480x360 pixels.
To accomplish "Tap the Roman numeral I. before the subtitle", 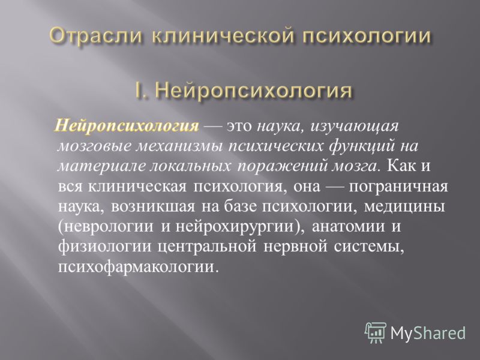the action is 142,90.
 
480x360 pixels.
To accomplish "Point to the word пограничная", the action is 398,187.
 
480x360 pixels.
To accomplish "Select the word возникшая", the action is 153,206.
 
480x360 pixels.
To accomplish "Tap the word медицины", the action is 404,207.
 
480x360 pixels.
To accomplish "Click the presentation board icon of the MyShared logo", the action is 376,333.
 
